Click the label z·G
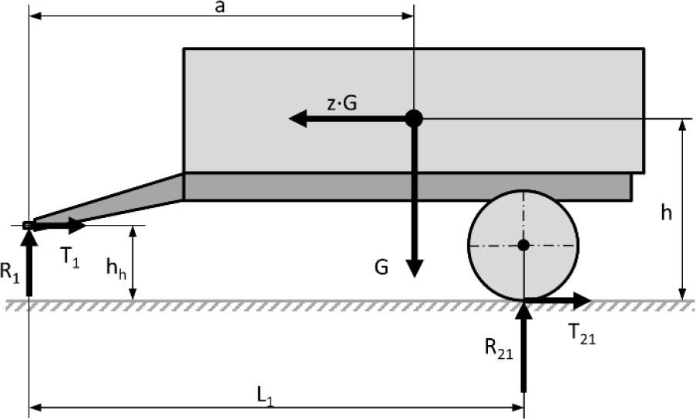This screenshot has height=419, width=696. click(x=341, y=103)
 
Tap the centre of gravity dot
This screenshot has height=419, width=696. click(x=414, y=119)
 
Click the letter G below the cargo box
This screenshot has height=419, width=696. click(x=382, y=267)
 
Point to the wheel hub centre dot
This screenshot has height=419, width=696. click(x=524, y=245)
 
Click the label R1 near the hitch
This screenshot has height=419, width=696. click(x=10, y=271)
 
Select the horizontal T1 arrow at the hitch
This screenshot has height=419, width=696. click(x=59, y=226)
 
